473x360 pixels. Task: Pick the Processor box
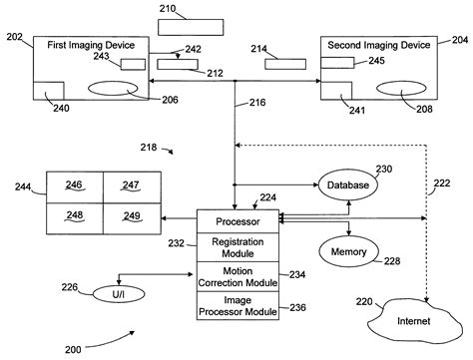click(x=236, y=219)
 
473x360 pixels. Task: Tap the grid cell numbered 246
click(x=71, y=185)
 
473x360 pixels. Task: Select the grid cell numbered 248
click(x=71, y=215)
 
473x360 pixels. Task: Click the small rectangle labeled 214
click(x=286, y=65)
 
